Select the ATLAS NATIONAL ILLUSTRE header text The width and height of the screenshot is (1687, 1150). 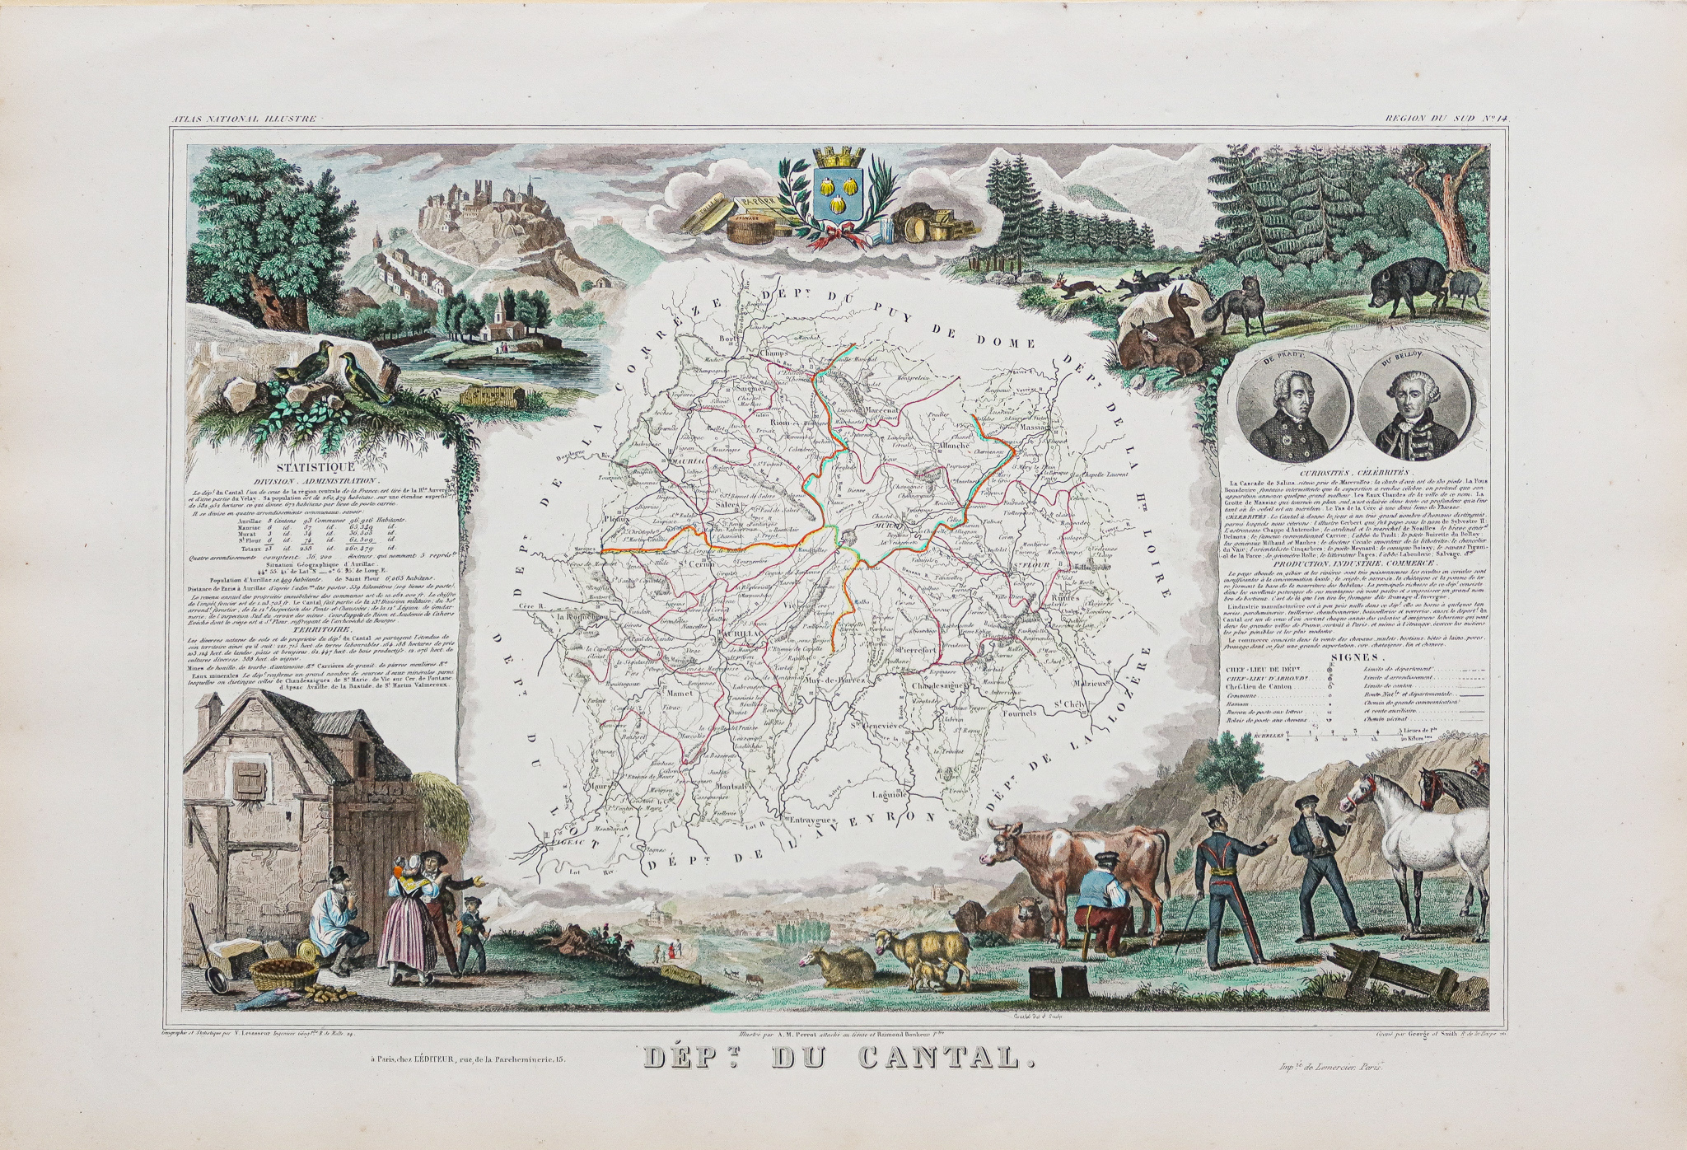[x=242, y=120]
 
